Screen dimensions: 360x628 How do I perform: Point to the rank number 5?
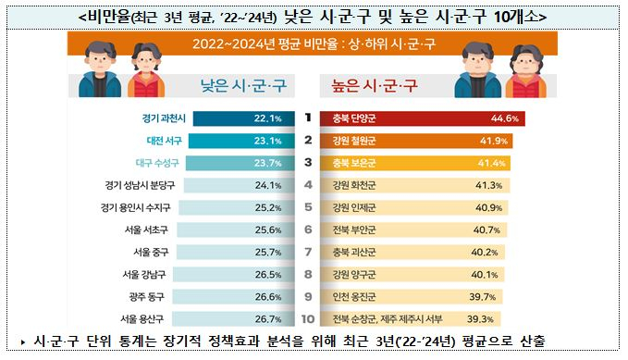[306, 207]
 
